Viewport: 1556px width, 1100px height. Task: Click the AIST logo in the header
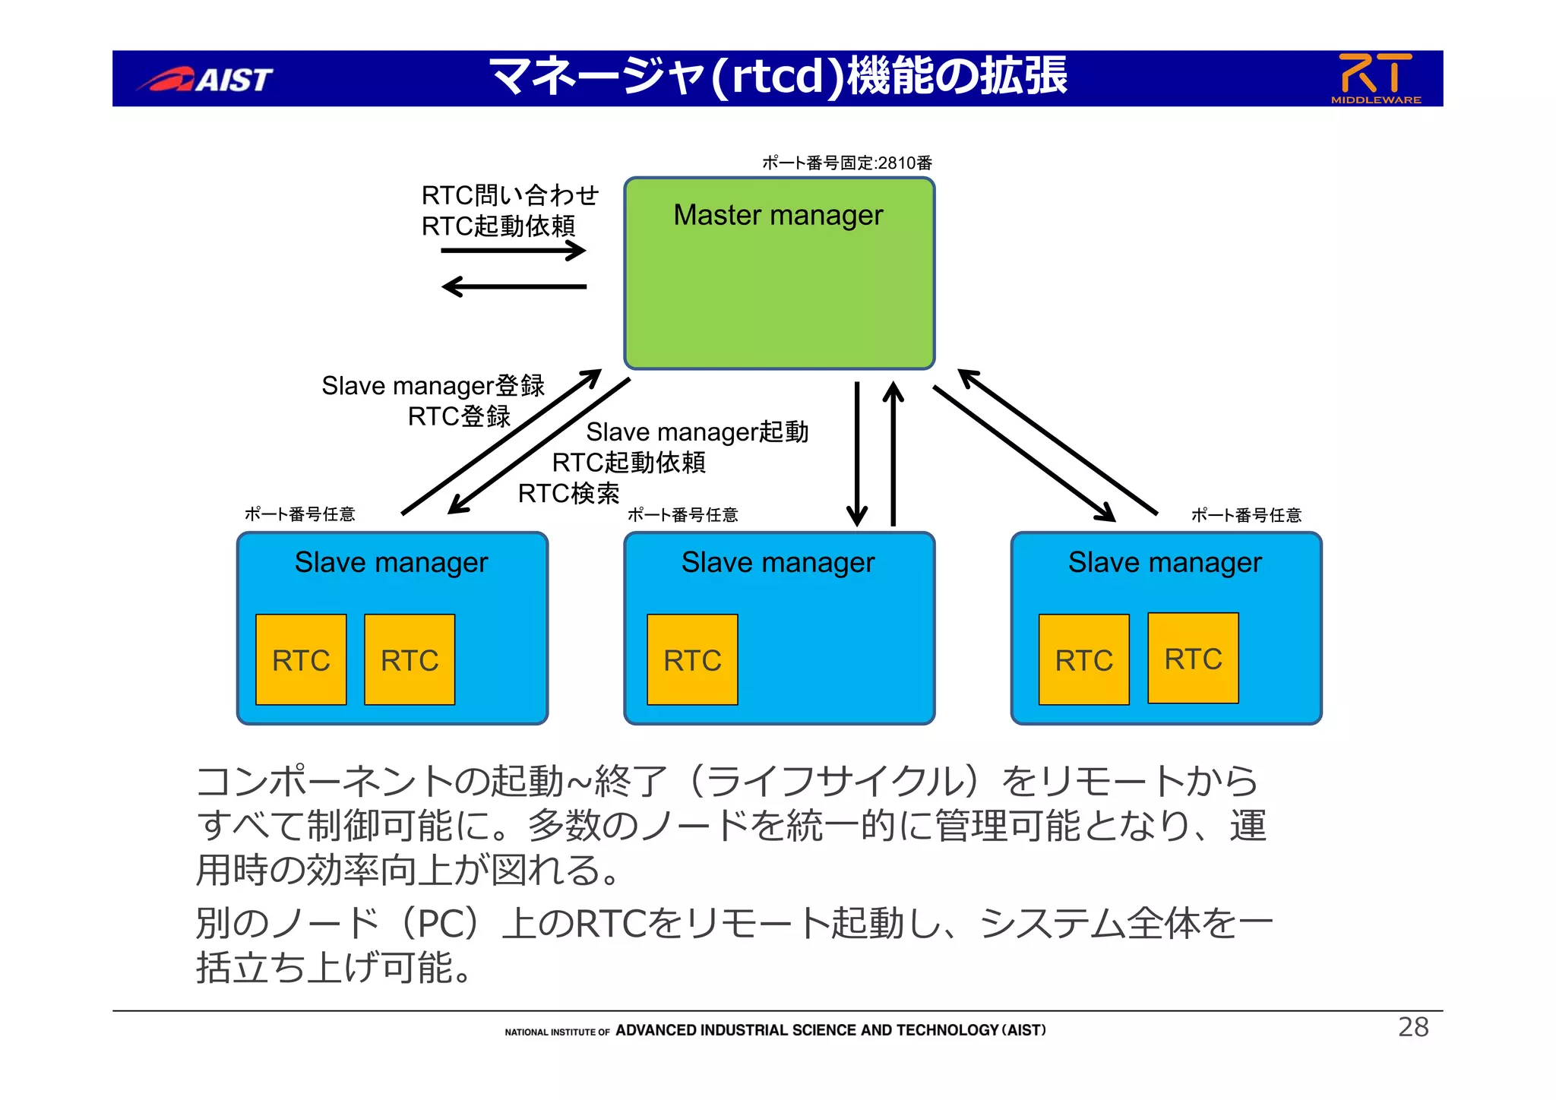click(205, 79)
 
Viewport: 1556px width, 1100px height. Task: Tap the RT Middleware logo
click(1375, 77)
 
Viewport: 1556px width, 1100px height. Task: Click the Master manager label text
click(778, 215)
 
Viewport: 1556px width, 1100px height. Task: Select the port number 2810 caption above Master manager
click(846, 163)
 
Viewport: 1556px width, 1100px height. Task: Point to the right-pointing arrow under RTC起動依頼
click(514, 251)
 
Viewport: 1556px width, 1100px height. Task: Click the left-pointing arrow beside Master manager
click(514, 286)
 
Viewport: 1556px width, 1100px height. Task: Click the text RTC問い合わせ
click(510, 195)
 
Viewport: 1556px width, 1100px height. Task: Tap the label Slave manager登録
click(433, 386)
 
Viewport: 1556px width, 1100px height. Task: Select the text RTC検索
click(568, 494)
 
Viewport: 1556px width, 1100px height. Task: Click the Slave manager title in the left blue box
click(391, 562)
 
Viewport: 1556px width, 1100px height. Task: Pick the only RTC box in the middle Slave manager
click(692, 659)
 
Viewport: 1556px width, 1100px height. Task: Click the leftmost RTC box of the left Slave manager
click(301, 659)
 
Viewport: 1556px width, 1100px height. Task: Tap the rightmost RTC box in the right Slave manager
click(1193, 658)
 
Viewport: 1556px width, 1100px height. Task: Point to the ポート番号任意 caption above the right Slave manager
click(1246, 515)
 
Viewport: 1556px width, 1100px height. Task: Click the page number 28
click(1413, 1027)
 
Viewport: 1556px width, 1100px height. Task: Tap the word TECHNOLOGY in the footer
click(947, 1030)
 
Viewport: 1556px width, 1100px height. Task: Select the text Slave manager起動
click(697, 432)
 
